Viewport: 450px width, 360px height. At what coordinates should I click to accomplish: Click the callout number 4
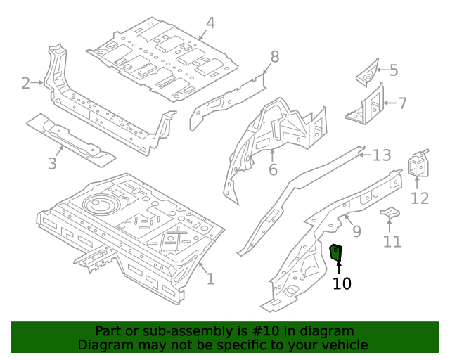[210, 24]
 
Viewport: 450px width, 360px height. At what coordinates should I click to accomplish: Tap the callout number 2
[26, 84]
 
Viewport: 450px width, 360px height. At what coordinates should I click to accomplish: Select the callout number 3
[52, 165]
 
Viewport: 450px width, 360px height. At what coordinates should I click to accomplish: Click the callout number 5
[394, 70]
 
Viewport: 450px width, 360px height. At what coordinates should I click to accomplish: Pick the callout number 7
[403, 103]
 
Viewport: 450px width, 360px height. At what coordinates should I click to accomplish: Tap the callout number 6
[273, 169]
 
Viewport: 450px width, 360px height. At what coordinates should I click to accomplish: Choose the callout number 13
[381, 155]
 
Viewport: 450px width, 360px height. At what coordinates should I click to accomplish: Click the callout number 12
[420, 198]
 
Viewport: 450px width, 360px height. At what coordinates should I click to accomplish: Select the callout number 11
[392, 241]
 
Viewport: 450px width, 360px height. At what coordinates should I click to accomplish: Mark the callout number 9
[356, 231]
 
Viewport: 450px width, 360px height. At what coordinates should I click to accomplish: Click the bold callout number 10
[342, 283]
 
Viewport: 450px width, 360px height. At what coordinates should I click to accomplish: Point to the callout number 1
[210, 278]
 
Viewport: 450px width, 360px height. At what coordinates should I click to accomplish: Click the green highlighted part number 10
[336, 251]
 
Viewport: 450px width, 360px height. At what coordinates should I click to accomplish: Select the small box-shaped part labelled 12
[418, 165]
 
